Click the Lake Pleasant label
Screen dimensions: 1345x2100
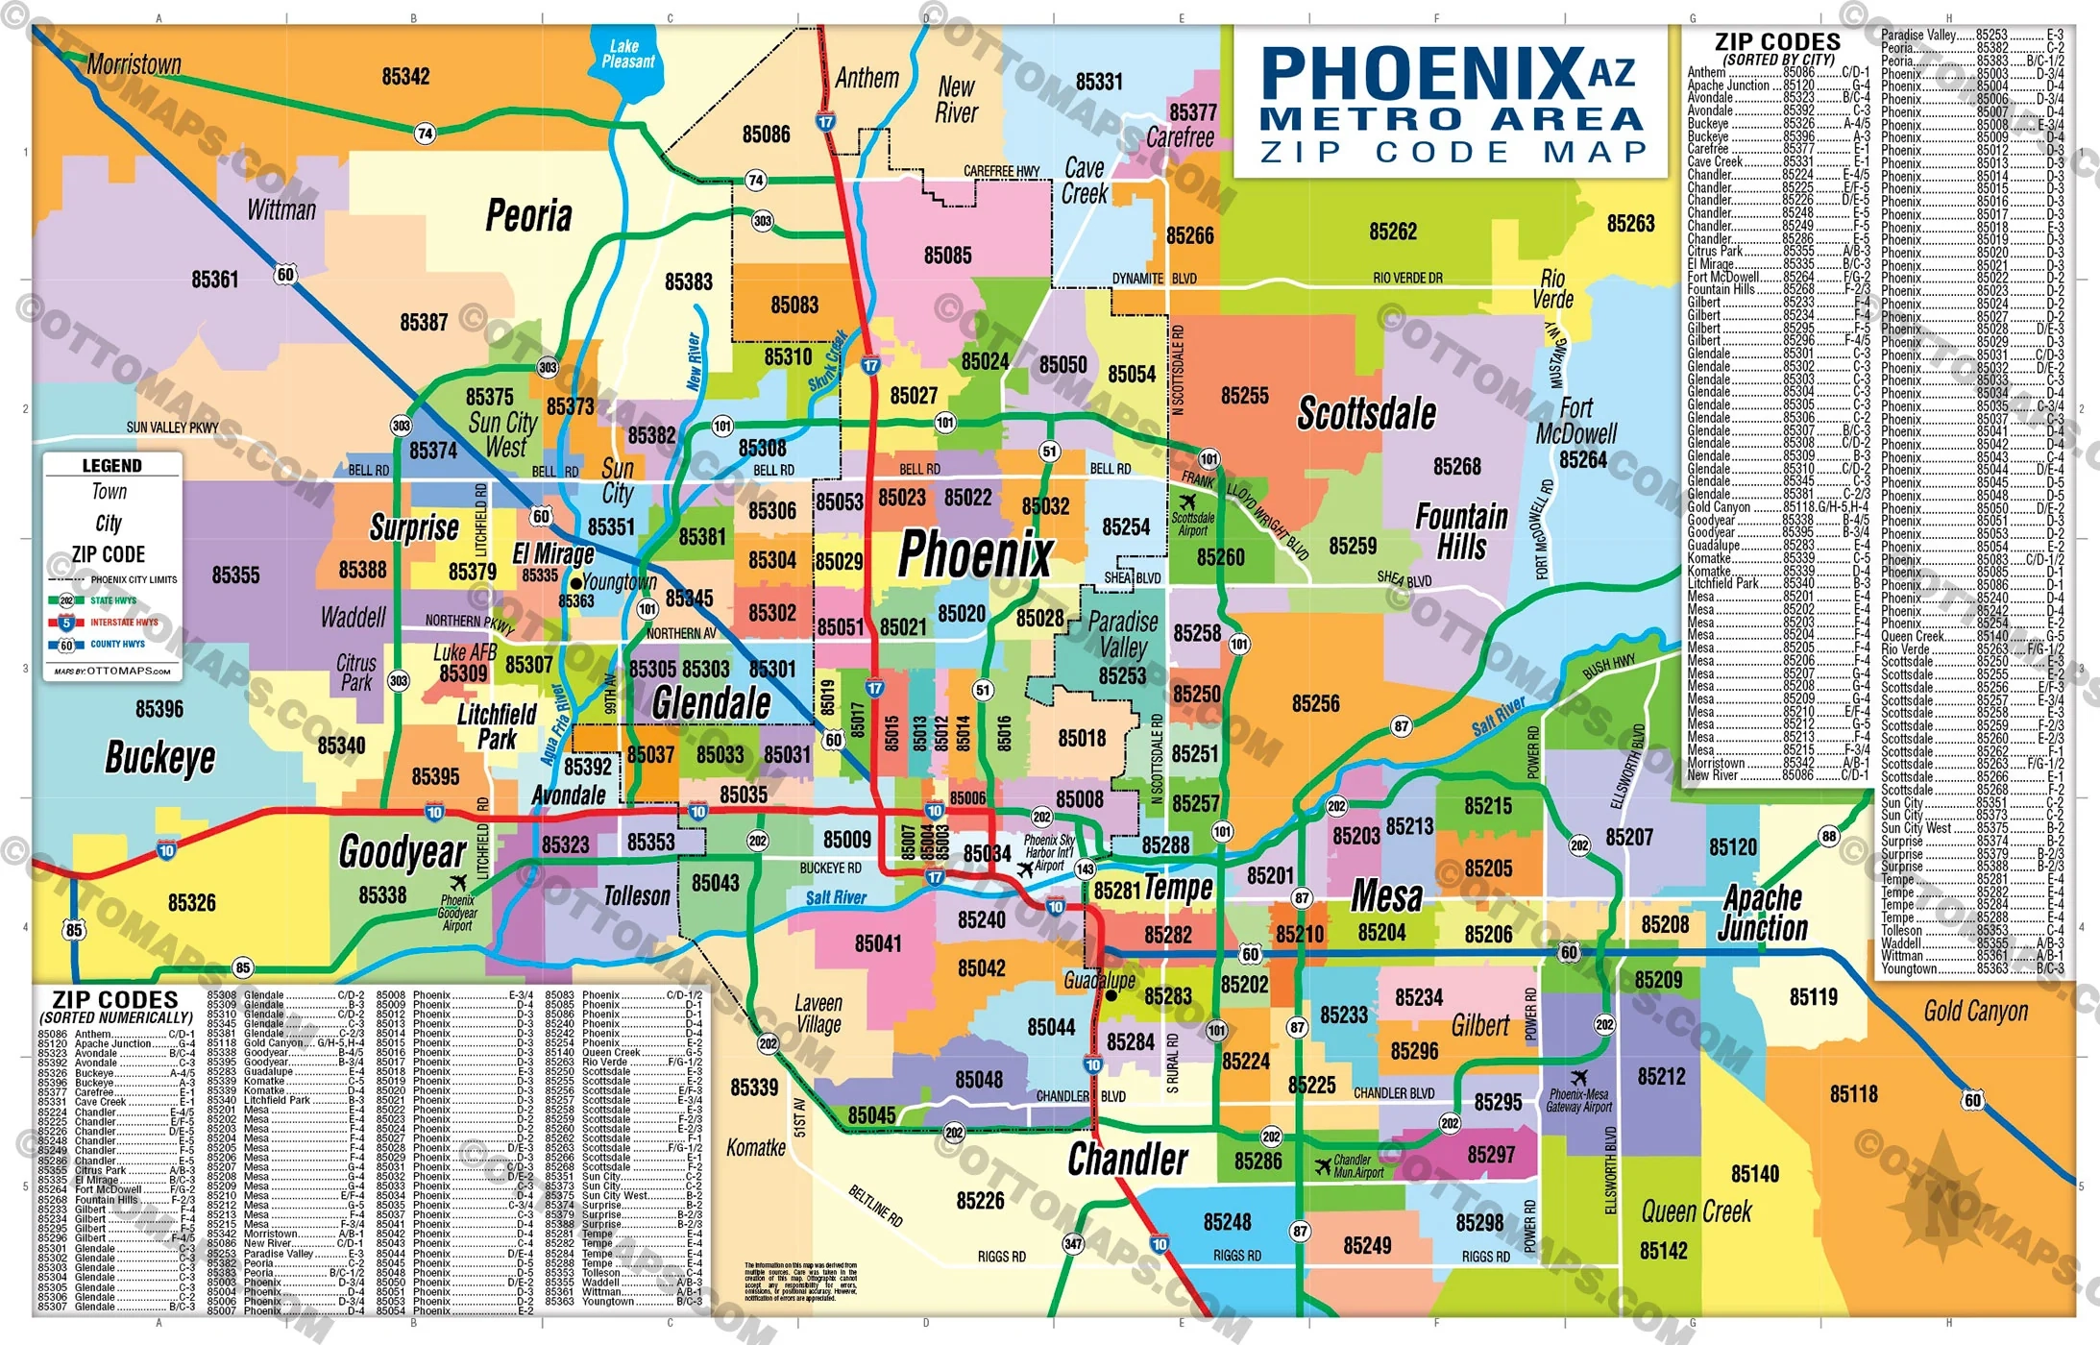coord(627,54)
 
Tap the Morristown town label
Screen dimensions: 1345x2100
coord(134,64)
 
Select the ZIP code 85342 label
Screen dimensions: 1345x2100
coord(405,77)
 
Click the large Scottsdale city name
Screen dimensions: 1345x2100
coord(1366,414)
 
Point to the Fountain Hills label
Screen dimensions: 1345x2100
coord(1461,531)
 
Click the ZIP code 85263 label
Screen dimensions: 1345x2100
coord(1630,224)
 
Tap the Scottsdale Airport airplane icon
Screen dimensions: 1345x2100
coord(1188,501)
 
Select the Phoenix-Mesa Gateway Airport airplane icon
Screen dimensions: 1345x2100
coord(1578,1078)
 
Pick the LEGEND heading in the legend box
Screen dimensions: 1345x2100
coord(111,466)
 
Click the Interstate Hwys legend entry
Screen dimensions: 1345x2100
coord(123,623)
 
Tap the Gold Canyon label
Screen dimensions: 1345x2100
coord(1975,1011)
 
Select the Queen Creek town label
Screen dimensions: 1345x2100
coord(1696,1211)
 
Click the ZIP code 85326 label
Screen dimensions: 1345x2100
coord(191,902)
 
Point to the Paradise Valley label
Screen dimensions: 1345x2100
coord(1122,634)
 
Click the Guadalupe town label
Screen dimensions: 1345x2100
coord(1099,980)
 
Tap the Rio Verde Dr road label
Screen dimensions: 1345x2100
coord(1407,278)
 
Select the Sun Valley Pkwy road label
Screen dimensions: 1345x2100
coord(173,428)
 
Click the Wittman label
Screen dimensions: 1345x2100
coord(281,209)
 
